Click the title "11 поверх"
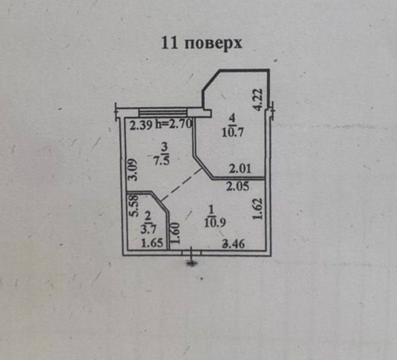click(202, 43)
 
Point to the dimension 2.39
click(140, 126)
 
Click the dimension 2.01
click(239, 169)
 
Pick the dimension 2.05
click(238, 186)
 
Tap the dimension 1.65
click(151, 244)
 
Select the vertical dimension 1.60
click(175, 233)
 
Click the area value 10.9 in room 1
click(216, 223)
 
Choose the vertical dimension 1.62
click(257, 209)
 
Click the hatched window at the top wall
click(163, 112)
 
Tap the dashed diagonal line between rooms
click(180, 184)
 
